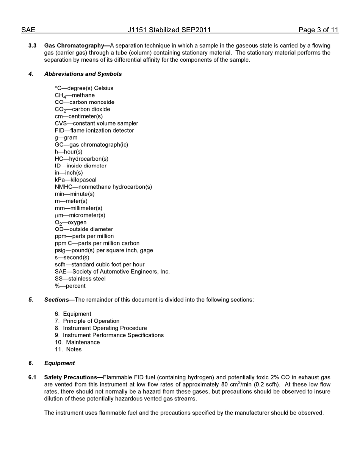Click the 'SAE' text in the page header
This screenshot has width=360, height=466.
28,30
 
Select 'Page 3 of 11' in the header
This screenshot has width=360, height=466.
318,30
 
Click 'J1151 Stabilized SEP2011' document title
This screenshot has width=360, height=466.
169,30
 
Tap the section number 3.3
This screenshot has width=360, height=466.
32,45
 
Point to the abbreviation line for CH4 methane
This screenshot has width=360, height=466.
75,95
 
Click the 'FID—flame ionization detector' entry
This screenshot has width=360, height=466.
94,130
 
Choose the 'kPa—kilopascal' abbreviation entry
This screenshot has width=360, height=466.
75,180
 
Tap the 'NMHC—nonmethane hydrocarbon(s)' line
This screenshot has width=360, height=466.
103,187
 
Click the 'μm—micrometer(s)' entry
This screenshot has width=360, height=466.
80,215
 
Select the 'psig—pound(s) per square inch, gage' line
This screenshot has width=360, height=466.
104,250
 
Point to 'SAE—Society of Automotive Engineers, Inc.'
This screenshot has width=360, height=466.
112,272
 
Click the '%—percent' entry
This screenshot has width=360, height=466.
70,286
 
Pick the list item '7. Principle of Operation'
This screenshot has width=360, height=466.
87,321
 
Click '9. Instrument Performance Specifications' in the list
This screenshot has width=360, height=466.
109,335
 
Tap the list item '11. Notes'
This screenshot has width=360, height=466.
68,349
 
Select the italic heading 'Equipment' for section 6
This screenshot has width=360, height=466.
59,363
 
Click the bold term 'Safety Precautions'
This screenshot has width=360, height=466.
71,377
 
